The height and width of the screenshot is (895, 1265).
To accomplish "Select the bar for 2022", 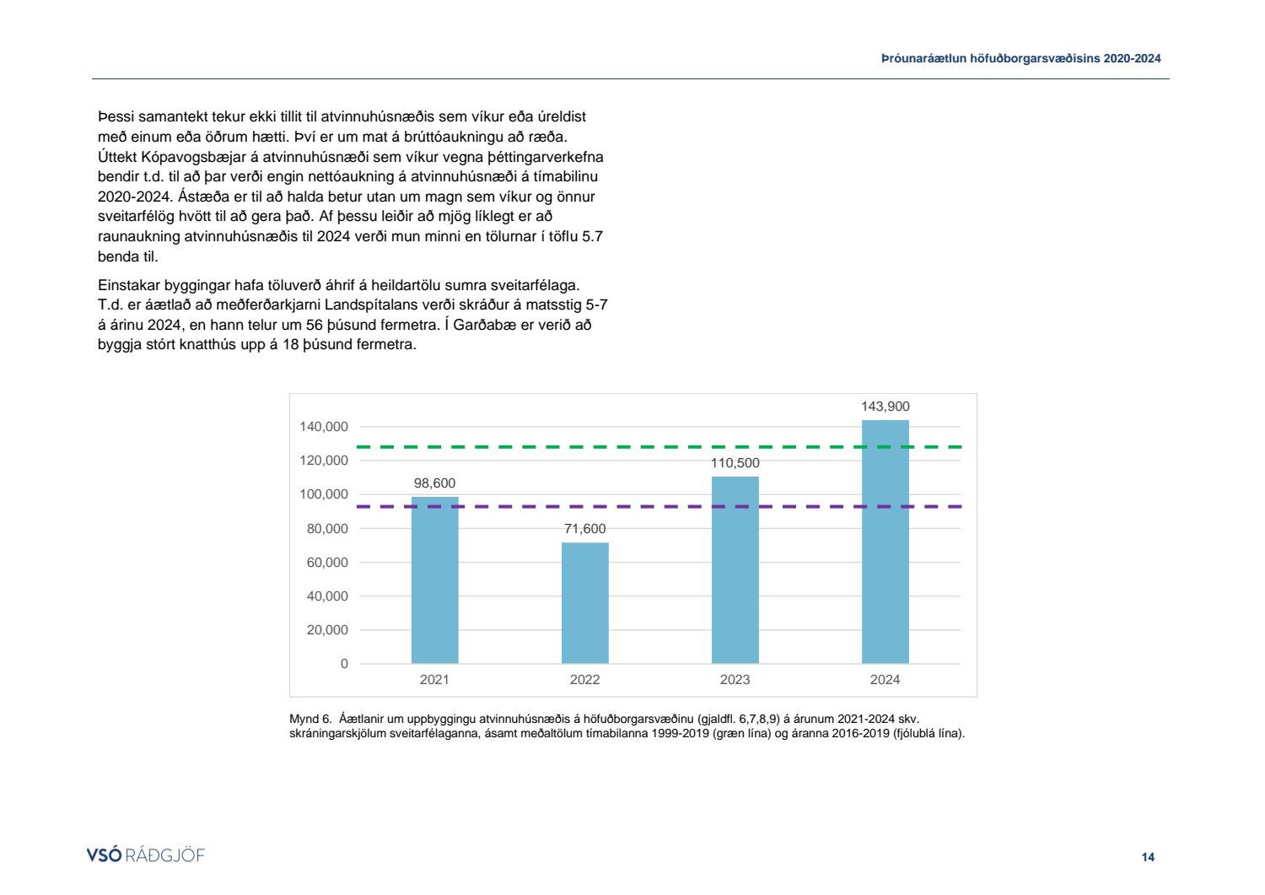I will click(x=584, y=603).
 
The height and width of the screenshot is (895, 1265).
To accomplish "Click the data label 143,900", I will click(x=885, y=407).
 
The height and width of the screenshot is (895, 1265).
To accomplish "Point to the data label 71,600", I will click(x=584, y=529).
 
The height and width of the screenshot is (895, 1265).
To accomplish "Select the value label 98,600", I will click(x=434, y=483).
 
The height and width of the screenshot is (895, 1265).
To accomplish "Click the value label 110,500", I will click(x=735, y=463).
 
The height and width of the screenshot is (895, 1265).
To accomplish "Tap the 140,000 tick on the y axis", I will click(x=323, y=427).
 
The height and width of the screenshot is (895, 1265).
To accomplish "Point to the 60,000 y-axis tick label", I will click(x=326, y=563).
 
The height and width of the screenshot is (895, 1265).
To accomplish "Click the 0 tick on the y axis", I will click(x=344, y=664).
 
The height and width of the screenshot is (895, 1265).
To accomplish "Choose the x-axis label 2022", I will click(x=584, y=680).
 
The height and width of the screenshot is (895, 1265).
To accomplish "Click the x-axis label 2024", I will click(x=885, y=680).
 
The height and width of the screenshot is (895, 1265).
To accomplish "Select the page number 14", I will click(x=1148, y=857).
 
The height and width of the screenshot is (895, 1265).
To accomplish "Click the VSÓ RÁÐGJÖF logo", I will click(x=146, y=855).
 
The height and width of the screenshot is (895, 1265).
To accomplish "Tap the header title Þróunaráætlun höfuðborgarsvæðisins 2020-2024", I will click(x=1020, y=59).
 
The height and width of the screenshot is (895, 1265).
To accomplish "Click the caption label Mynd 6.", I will click(x=310, y=720).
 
